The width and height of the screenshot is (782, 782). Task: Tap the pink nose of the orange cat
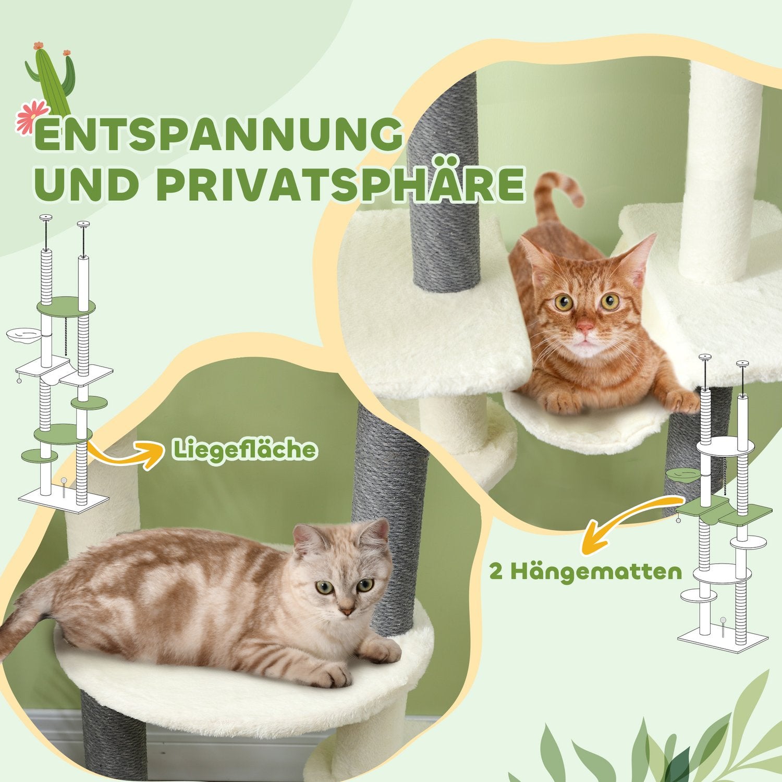click(585, 328)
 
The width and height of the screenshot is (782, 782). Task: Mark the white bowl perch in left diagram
click(23, 334)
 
